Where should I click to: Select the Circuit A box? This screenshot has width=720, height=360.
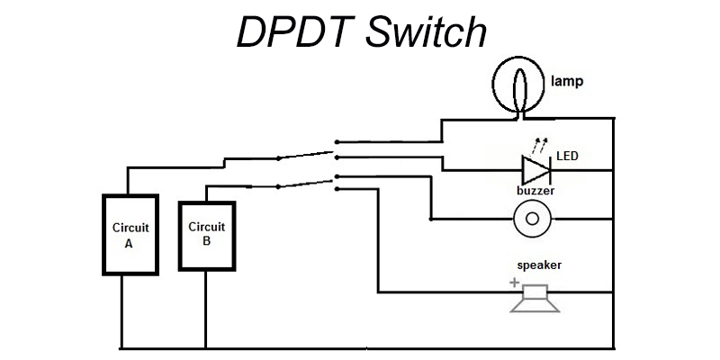click(130, 235)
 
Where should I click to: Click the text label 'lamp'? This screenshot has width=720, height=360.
click(567, 81)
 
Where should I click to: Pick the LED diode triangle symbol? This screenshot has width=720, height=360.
click(537, 169)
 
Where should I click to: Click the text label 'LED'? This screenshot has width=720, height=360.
click(568, 157)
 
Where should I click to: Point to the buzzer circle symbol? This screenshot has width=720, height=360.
click(532, 219)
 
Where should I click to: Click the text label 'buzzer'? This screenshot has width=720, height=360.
click(535, 192)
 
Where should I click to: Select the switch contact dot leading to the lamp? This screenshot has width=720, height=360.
click(337, 141)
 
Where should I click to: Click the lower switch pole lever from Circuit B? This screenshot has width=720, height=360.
click(306, 183)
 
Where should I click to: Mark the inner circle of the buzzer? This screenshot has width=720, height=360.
click(532, 219)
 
